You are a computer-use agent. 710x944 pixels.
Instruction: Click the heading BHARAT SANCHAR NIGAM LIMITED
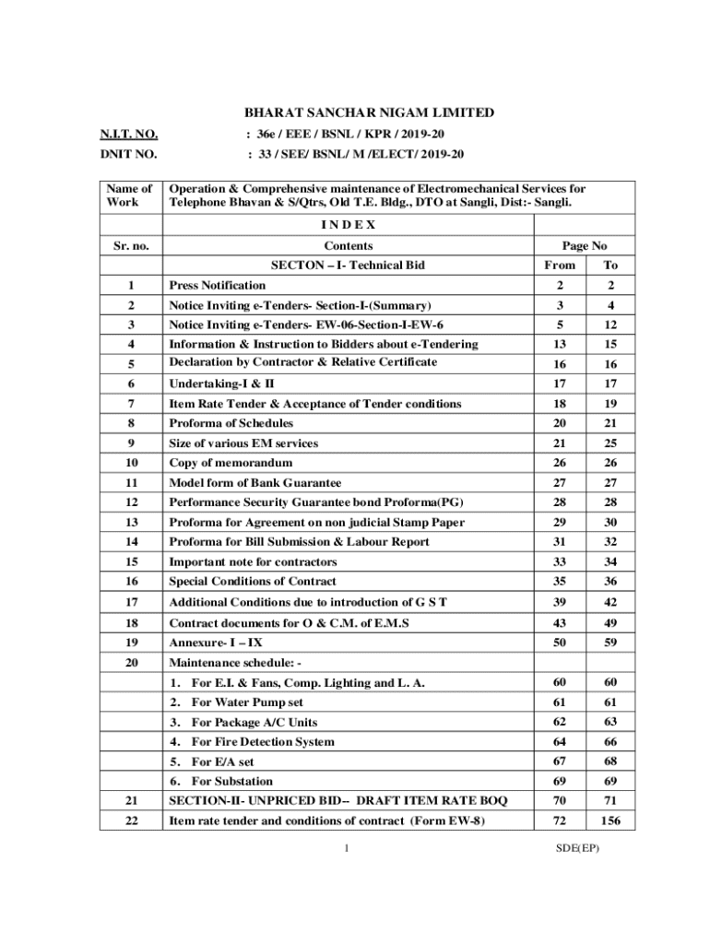pyautogui.click(x=369, y=113)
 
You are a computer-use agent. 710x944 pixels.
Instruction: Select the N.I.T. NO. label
pyautogui.click(x=128, y=135)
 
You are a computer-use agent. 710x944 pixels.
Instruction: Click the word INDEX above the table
pyautogui.click(x=348, y=225)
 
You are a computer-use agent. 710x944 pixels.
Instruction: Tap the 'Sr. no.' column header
pyautogui.click(x=131, y=246)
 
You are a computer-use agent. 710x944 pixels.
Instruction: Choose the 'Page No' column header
pyautogui.click(x=584, y=246)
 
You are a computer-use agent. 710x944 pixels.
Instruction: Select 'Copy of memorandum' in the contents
pyautogui.click(x=231, y=463)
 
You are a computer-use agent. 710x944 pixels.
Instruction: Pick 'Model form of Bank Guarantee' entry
pyautogui.click(x=255, y=482)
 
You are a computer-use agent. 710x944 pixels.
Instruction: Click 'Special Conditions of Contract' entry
pyautogui.click(x=253, y=582)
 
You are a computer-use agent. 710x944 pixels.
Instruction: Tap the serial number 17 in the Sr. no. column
pyautogui.click(x=131, y=602)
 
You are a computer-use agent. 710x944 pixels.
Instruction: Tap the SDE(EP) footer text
pyautogui.click(x=577, y=848)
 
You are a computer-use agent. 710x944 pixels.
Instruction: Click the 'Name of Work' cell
pyautogui.click(x=129, y=195)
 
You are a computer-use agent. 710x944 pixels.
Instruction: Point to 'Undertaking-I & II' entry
pyautogui.click(x=221, y=383)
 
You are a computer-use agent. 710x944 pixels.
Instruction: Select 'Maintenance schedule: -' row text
pyautogui.click(x=234, y=663)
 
